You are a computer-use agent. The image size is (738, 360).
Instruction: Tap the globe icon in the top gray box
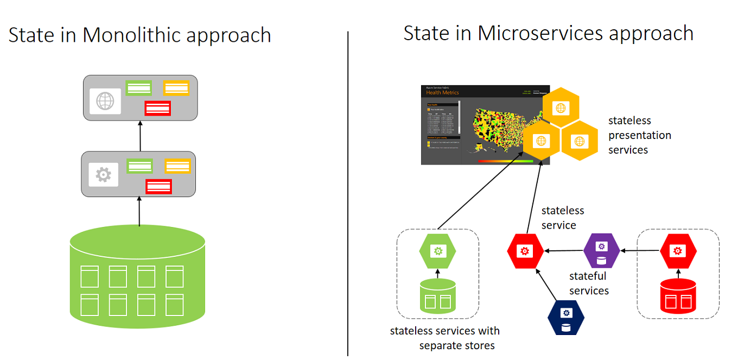[105, 101]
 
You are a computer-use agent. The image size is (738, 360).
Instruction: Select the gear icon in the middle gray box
[103, 175]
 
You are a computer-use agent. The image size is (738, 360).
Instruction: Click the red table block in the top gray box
[157, 108]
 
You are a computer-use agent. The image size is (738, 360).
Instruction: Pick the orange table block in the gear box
[177, 166]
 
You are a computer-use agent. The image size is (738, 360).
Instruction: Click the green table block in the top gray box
[139, 88]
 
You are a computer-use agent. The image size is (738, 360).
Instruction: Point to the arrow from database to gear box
[139, 211]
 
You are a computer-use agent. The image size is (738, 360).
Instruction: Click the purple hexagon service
[601, 250]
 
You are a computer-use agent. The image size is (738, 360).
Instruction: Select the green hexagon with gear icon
[437, 251]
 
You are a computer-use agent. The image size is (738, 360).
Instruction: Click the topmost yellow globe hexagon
[561, 107]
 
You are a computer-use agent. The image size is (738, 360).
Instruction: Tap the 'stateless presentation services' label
[639, 135]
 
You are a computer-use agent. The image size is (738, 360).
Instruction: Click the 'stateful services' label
[589, 283]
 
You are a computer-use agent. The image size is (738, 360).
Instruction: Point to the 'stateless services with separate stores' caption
[444, 338]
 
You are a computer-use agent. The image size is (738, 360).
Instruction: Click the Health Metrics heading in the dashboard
[442, 93]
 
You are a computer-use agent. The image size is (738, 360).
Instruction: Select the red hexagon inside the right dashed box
[678, 250]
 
